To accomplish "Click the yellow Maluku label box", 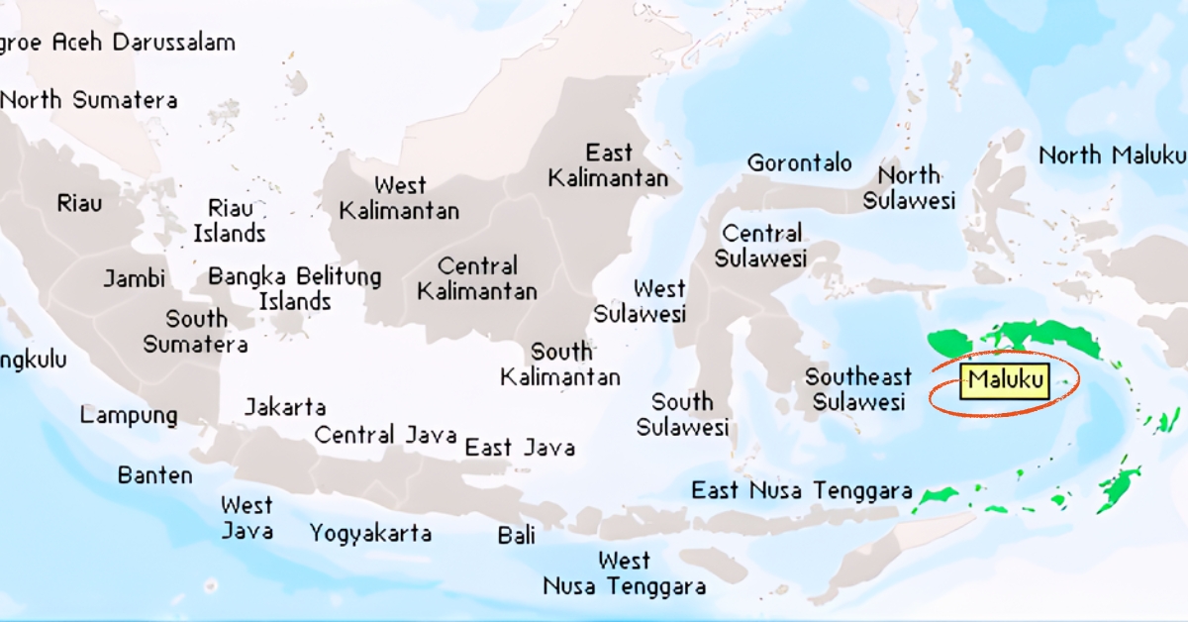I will point(1004,380).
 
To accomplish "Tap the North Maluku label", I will point(1111,155).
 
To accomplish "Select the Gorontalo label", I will point(799,162).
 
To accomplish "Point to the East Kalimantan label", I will point(609,165).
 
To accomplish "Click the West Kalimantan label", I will point(400,198).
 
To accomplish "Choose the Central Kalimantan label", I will point(477,278).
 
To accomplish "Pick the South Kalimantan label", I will point(560,363).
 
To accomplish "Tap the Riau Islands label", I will point(230,221).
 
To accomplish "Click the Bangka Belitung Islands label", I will point(294,288).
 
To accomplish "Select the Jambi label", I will point(135,278).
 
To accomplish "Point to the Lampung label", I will point(129,415).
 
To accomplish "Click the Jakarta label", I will point(285,407).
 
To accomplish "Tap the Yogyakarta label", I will point(370,534).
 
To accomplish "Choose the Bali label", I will point(517,536).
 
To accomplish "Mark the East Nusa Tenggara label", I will point(801,490).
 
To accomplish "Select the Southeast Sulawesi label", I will point(857,389).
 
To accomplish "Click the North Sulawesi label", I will point(909,187).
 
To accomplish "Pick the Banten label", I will point(155,475).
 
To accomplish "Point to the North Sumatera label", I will point(89,100).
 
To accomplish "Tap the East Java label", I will point(520,448).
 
